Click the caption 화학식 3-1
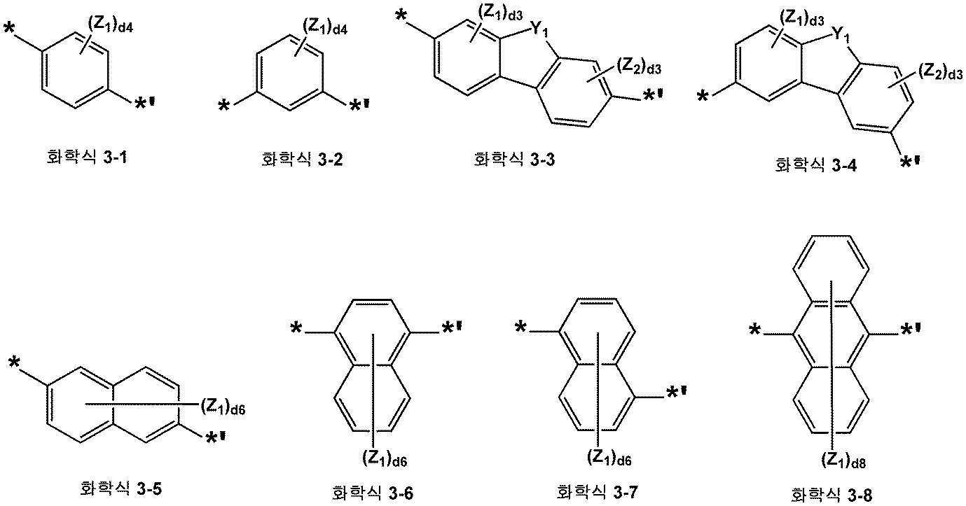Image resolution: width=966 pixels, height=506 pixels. click(86, 157)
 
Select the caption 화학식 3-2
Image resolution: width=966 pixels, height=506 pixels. click(302, 160)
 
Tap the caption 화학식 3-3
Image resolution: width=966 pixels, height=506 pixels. click(514, 159)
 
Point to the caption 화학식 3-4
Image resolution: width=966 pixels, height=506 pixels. click(816, 165)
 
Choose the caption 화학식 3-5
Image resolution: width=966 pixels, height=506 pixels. click(120, 489)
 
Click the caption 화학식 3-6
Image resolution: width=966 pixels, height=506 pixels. click(373, 493)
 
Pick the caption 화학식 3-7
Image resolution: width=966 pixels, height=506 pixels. click(597, 491)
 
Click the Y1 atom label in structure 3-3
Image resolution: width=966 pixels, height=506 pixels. click(538, 31)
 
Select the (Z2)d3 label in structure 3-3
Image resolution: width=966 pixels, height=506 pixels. click(639, 66)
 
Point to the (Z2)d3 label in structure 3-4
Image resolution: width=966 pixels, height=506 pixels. click(941, 72)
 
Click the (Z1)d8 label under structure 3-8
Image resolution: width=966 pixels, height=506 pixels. click(843, 461)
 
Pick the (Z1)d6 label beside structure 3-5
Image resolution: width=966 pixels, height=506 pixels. click(223, 407)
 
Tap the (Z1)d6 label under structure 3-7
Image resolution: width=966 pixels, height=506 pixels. click(609, 458)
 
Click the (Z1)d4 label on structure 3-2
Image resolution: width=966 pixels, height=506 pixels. click(325, 27)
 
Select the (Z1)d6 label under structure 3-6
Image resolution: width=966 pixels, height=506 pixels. click(385, 459)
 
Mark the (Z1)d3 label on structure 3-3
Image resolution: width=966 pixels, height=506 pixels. click(500, 13)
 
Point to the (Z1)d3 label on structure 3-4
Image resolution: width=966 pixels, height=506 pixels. click(801, 19)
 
